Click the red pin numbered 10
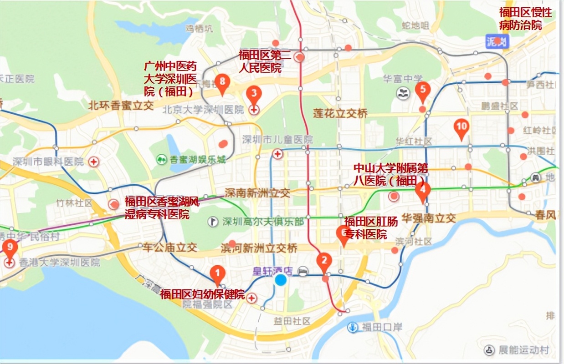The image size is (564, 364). pos(461,127)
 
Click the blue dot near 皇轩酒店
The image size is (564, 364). pos(281,280)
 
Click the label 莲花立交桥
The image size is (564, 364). pos(340,114)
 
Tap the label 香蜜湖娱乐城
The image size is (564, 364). pos(197,160)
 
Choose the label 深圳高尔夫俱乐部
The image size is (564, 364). pos(263,222)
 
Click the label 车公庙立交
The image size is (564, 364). pos(170,248)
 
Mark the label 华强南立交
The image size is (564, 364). pos(428,218)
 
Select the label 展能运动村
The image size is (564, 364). pos(523,350)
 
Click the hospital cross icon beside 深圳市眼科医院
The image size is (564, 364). pos(94,162)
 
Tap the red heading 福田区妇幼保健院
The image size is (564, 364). pos(202,294)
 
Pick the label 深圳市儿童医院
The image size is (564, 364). pos(277,139)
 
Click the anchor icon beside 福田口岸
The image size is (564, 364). pos(353,327)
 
